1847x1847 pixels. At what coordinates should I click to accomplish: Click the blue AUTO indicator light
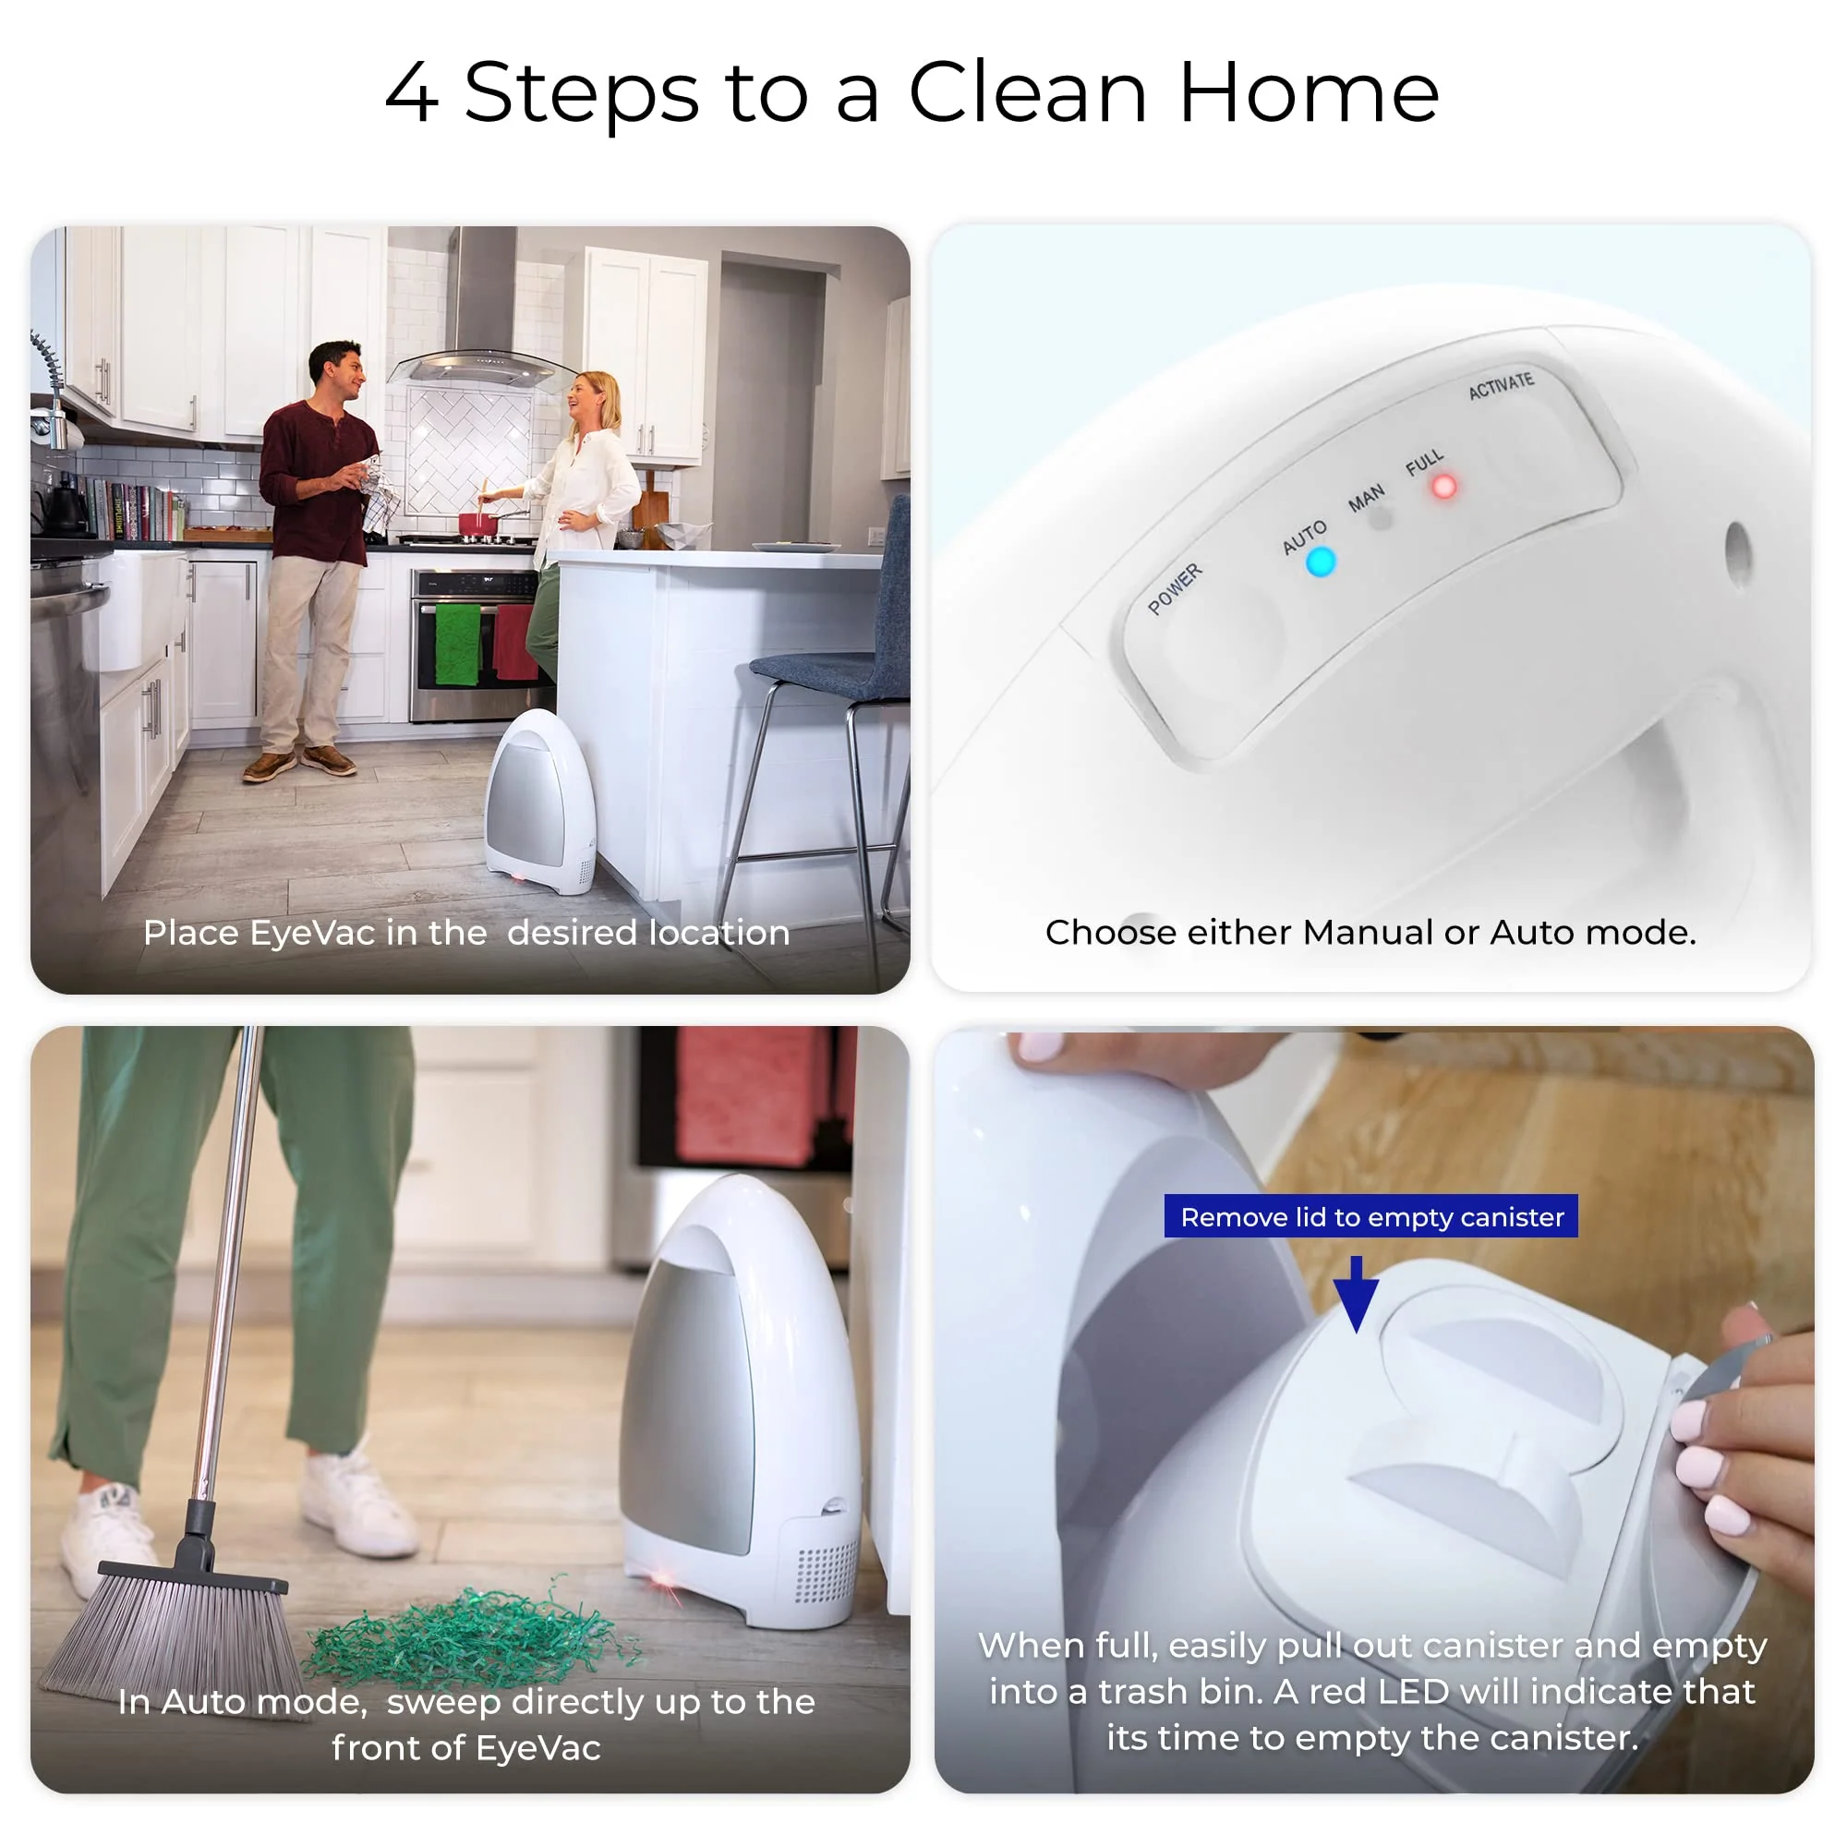pyautogui.click(x=1321, y=562)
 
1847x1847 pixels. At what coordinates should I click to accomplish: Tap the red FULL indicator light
pyautogui.click(x=1443, y=487)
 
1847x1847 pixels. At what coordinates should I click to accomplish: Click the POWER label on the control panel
pyautogui.click(x=1175, y=588)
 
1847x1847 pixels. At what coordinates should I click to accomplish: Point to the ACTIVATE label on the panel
pyautogui.click(x=1501, y=385)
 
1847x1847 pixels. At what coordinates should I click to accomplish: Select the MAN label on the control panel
pyautogui.click(x=1366, y=498)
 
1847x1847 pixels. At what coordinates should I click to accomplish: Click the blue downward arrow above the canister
pyautogui.click(x=1356, y=1294)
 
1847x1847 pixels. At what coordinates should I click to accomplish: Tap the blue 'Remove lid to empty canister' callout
pyautogui.click(x=1370, y=1216)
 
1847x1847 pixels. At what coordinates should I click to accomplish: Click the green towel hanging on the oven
pyautogui.click(x=458, y=644)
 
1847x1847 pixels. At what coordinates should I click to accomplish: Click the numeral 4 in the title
pyautogui.click(x=412, y=92)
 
